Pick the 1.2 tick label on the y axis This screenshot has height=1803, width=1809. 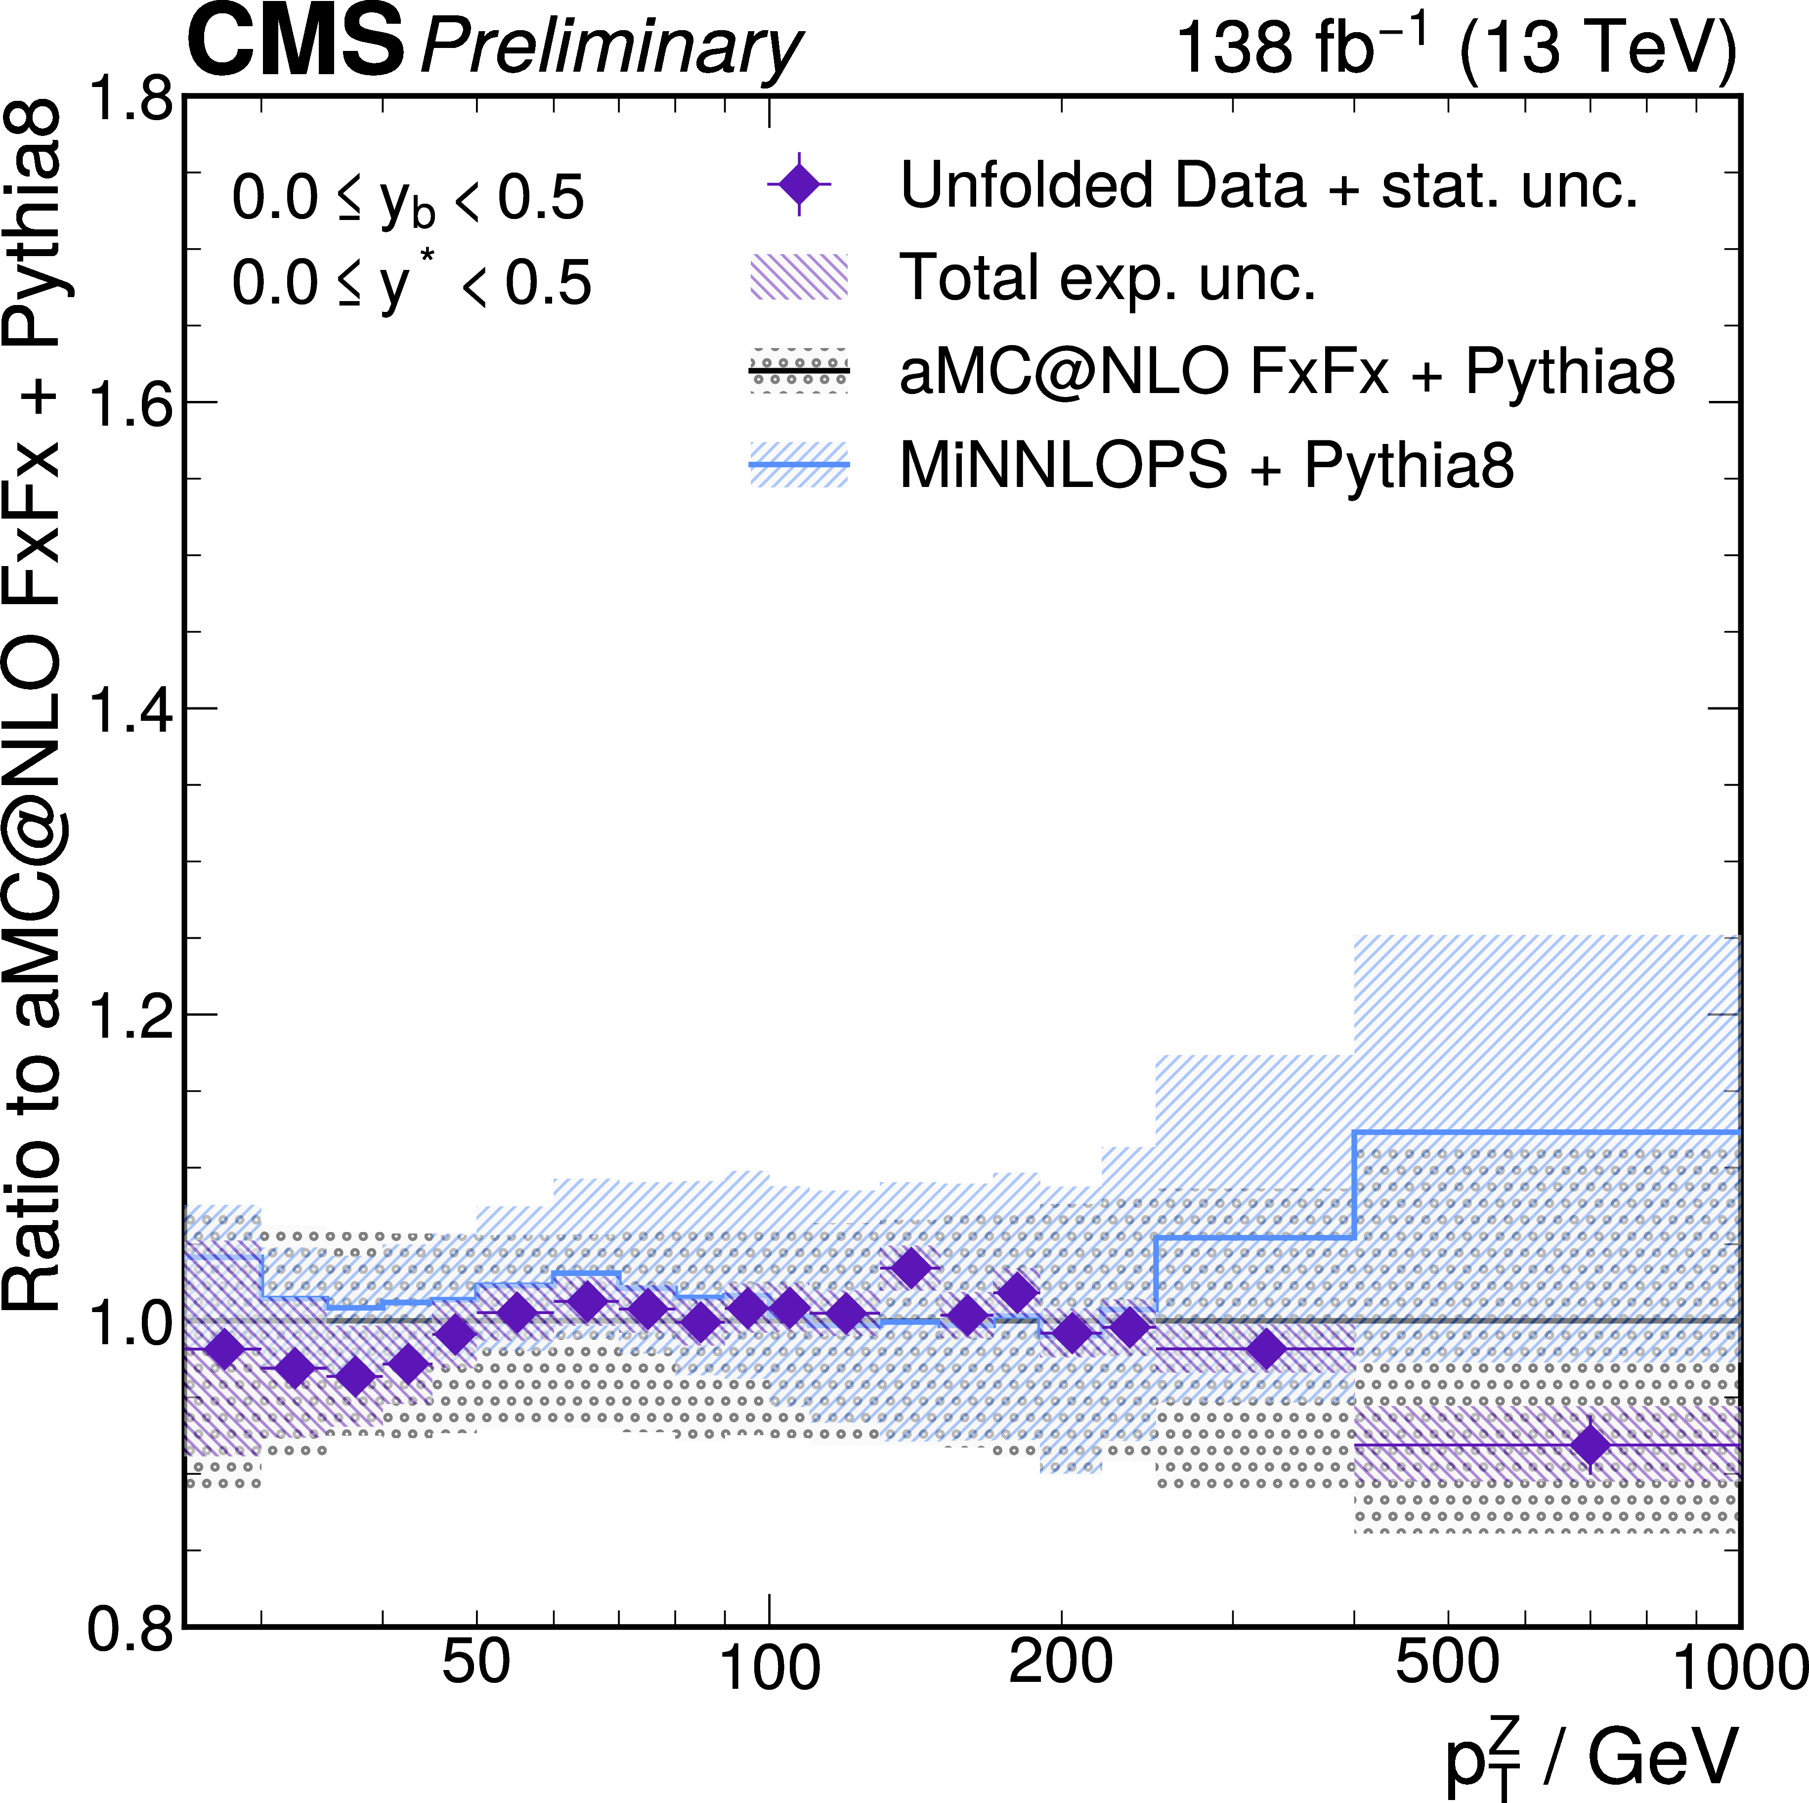tap(131, 1015)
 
